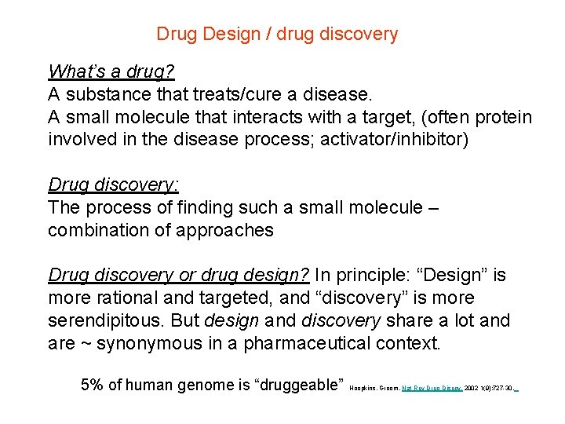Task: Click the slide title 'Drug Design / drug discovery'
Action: pyautogui.click(x=277, y=35)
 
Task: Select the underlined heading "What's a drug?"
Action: pyautogui.click(x=111, y=71)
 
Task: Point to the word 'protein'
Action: pyautogui.click(x=502, y=118)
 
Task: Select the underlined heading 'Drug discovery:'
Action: pyautogui.click(x=114, y=185)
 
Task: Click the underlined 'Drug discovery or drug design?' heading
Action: pyautogui.click(x=180, y=276)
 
